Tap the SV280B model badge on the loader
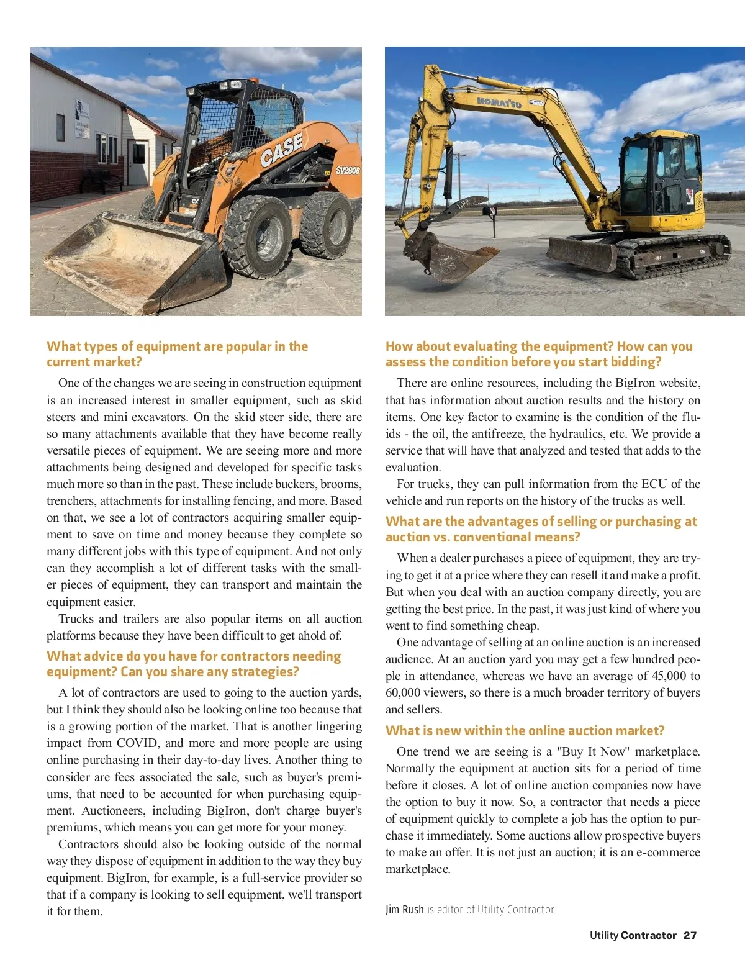348,170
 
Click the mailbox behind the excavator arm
492,213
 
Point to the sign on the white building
81,120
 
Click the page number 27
690,935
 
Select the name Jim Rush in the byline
404,909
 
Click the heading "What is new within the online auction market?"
525,730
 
